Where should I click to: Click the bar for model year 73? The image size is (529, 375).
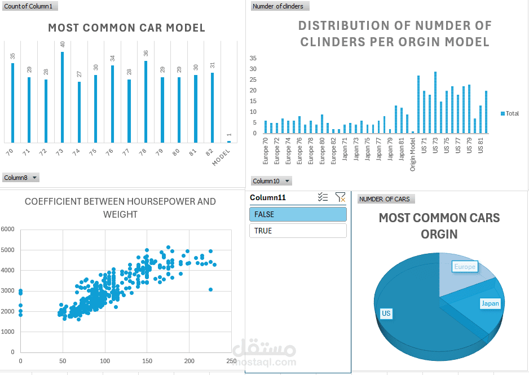pyautogui.click(x=62, y=97)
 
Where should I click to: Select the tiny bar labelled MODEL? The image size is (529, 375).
pyautogui.click(x=229, y=142)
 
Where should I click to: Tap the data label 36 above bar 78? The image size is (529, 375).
pyautogui.click(x=146, y=53)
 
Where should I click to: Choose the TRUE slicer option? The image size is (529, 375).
pyautogui.click(x=298, y=231)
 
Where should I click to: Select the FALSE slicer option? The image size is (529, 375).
pyautogui.click(x=298, y=214)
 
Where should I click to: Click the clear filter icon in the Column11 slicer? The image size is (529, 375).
pyautogui.click(x=340, y=197)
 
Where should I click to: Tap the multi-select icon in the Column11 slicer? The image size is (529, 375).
pyautogui.click(x=323, y=197)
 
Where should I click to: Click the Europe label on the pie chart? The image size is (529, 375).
pyautogui.click(x=465, y=267)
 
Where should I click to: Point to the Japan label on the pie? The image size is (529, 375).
pyautogui.click(x=490, y=303)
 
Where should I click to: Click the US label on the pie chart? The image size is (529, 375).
pyautogui.click(x=386, y=314)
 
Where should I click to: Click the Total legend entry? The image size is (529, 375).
pyautogui.click(x=510, y=114)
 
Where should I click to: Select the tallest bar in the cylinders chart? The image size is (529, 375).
pyautogui.click(x=435, y=103)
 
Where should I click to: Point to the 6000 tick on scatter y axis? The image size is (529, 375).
pyautogui.click(x=7, y=230)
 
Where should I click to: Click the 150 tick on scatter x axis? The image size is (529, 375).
pyautogui.click(x=147, y=361)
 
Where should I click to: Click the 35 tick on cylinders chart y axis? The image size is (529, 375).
pyautogui.click(x=253, y=58)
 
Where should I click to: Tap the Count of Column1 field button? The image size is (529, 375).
pyautogui.click(x=30, y=6)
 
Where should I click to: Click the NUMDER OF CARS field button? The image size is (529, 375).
pyautogui.click(x=386, y=199)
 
